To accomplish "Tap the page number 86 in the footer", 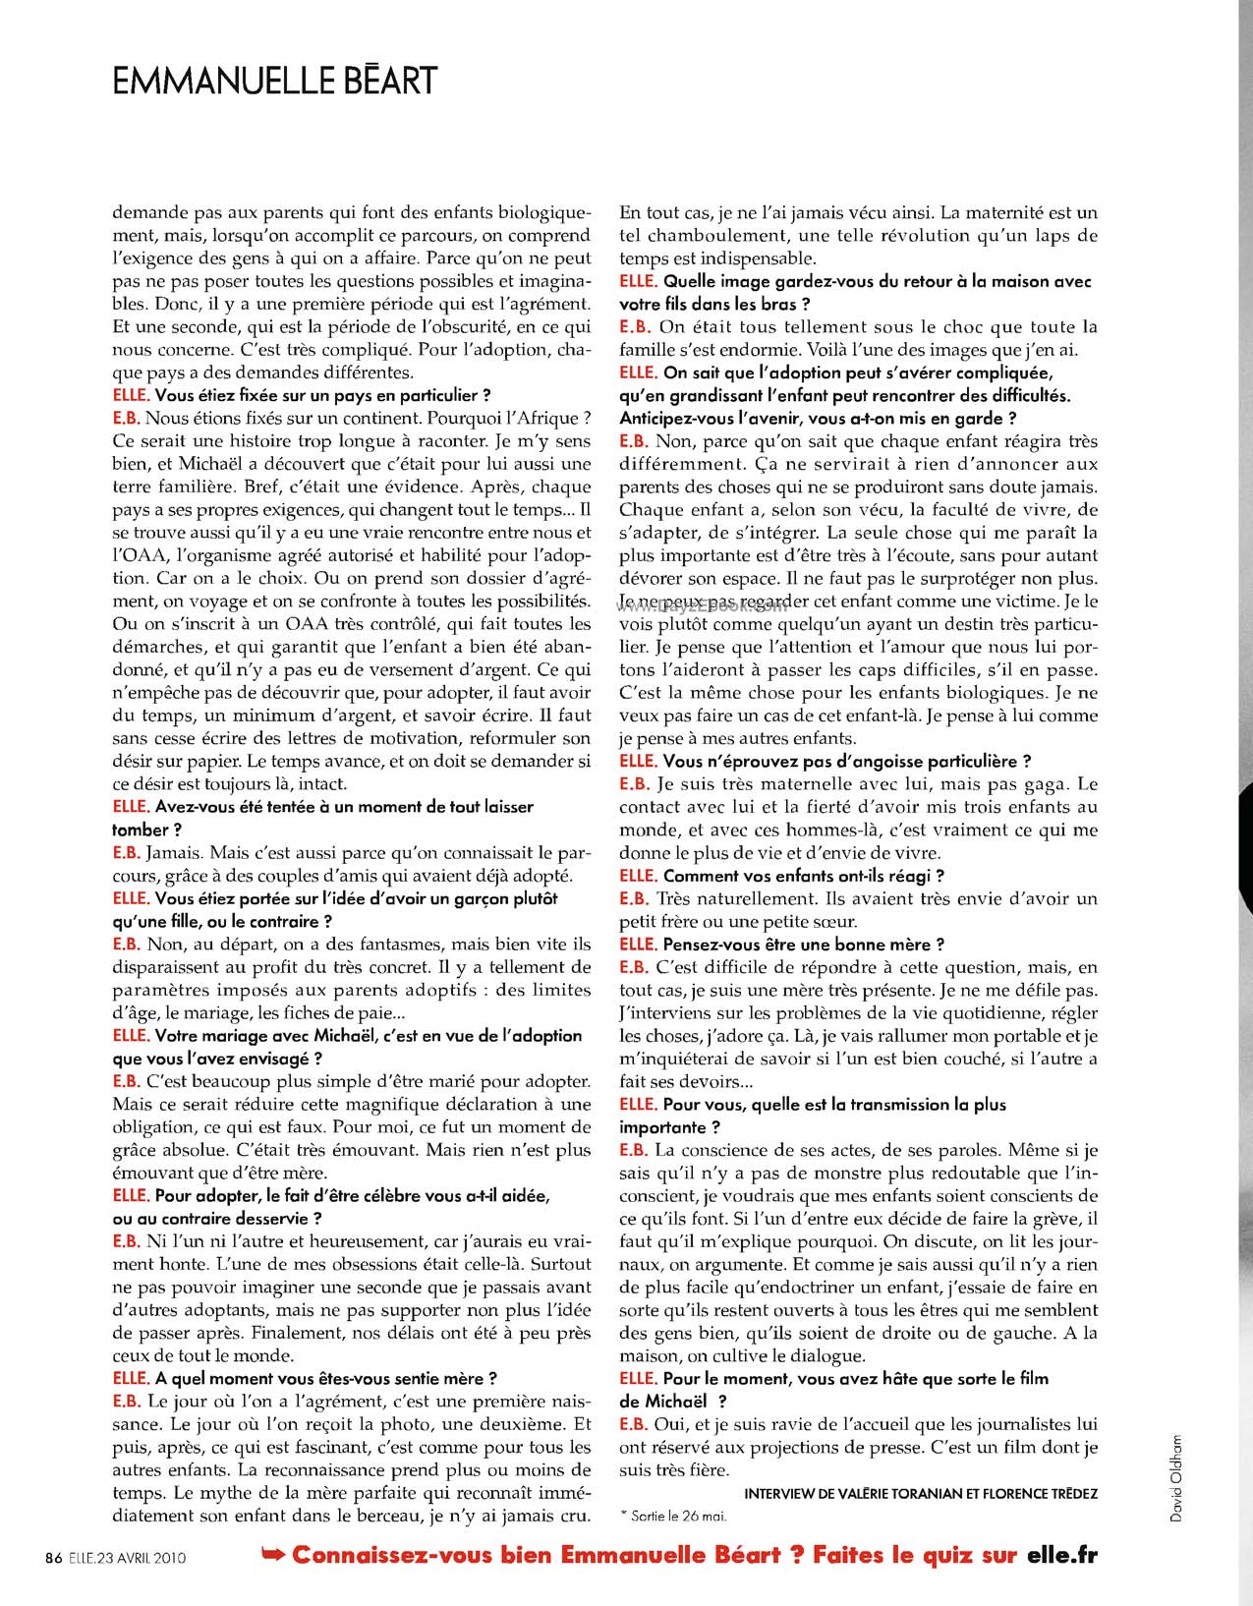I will (x=54, y=1557).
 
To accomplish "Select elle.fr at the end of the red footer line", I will (x=1061, y=1555).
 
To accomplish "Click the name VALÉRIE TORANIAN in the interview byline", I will (x=884, y=1493).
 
